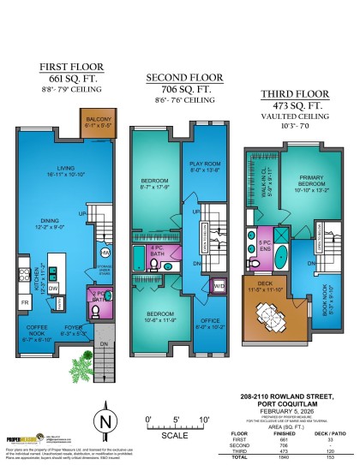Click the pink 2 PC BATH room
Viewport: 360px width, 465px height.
[x=99, y=298]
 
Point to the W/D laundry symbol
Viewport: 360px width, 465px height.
[x=219, y=285]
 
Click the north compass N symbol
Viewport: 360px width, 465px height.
[x=104, y=422]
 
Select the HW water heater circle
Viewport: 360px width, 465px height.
[x=105, y=253]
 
